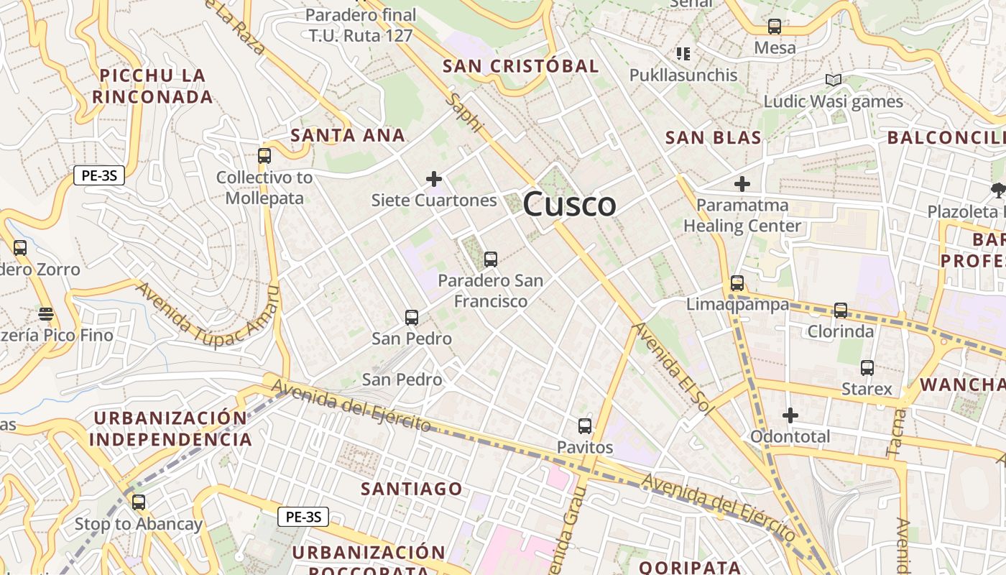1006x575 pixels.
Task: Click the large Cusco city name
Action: tap(569, 204)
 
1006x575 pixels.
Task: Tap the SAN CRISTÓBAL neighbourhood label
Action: tap(520, 66)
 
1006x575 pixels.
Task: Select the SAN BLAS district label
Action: tap(713, 138)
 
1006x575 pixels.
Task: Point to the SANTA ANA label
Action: tap(348, 135)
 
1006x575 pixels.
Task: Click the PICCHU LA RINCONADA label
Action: tap(152, 86)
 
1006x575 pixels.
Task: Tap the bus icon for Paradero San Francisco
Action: tap(491, 259)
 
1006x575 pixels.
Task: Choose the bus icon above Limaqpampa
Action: tap(737, 283)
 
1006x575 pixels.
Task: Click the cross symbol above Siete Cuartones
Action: tap(434, 179)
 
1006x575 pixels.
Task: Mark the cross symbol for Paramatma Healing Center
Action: tap(742, 184)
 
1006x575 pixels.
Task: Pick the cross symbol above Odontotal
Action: tap(790, 415)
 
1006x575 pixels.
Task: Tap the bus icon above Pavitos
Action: tap(585, 426)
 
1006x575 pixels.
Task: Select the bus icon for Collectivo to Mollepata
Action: tap(264, 156)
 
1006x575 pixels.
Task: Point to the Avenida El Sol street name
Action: tap(673, 367)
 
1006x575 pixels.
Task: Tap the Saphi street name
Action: tap(463, 112)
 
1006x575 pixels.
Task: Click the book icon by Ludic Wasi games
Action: tap(834, 80)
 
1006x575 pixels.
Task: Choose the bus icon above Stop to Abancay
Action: tap(139, 502)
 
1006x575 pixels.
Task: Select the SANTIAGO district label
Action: tap(412, 489)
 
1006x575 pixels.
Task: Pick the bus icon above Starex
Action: tap(867, 368)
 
